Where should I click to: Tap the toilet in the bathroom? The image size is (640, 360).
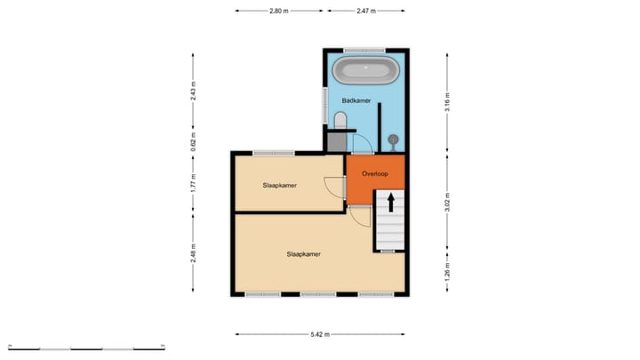point(340,120)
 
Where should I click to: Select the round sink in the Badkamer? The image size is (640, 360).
point(392,139)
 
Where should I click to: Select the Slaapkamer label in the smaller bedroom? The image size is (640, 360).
point(279,186)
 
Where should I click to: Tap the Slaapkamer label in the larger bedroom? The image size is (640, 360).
point(303,253)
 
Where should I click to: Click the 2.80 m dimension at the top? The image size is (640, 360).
point(279,11)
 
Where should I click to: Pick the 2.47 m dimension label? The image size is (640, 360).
point(365,11)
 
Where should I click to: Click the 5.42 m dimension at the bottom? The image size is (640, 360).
point(321,334)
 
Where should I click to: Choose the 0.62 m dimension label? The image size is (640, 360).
point(193,141)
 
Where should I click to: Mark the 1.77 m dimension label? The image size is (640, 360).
point(193,182)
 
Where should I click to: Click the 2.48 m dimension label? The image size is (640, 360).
point(193,255)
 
